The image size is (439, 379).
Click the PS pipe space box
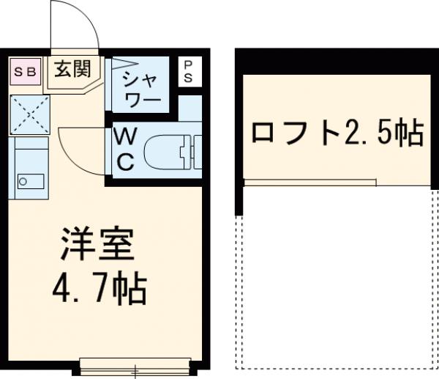[187, 71]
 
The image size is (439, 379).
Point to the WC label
[124, 149]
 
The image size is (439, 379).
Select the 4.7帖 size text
[99, 291]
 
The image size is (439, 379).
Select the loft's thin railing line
[310, 181]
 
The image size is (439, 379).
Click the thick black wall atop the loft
[336, 59]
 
